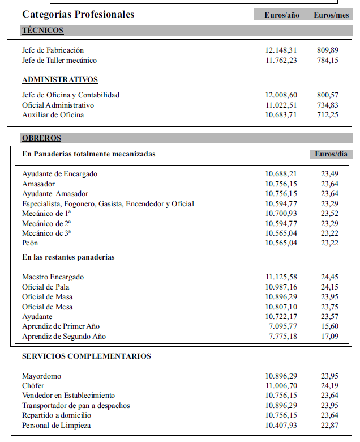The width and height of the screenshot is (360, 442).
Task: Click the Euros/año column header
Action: pos(282,15)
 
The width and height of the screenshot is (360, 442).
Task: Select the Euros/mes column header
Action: pos(331,15)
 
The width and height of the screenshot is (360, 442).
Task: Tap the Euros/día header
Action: pos(331,154)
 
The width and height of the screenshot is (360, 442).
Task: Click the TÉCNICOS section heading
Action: pos(42,31)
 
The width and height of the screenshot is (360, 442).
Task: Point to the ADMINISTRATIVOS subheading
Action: pos(60,80)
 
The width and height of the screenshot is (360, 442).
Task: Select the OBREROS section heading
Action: pos(41,138)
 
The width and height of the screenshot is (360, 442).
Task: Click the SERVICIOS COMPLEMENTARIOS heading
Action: pos(87,356)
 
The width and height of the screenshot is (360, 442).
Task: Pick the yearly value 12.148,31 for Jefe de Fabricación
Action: pos(281,50)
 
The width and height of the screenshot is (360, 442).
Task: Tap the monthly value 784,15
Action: pos(328,61)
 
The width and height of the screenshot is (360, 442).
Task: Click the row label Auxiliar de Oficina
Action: pos(53,115)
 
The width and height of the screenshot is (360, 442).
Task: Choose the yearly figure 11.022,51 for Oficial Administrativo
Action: pos(281,105)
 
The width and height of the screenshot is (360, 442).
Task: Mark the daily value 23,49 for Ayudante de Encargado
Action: pos(329,174)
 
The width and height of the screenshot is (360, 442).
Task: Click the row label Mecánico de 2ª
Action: pos(46,223)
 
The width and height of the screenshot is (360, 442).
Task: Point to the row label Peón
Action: pos(30,243)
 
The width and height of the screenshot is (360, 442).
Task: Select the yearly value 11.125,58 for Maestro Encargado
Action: pos(281,277)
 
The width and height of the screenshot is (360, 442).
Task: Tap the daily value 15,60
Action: pos(329,326)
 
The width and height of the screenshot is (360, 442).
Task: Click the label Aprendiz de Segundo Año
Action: pos(64,337)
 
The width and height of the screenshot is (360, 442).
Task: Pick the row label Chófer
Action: pos(33,386)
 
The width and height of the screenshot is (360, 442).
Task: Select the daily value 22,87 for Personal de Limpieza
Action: pos(329,426)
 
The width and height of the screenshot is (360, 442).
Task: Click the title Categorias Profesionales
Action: pos(78,14)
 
